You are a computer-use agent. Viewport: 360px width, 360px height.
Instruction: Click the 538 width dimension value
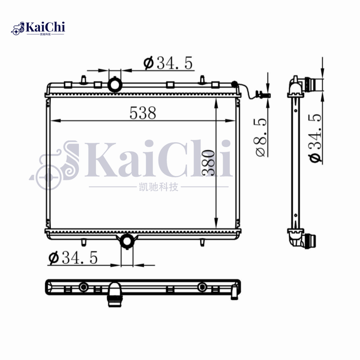tap(143, 113)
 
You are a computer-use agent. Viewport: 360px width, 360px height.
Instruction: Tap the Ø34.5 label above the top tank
tap(168, 64)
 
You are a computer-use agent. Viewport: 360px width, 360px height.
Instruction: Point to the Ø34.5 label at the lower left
tap(72, 258)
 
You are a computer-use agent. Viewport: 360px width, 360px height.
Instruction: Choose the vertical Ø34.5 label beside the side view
tap(315, 138)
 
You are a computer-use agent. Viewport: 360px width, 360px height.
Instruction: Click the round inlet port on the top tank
tap(114, 84)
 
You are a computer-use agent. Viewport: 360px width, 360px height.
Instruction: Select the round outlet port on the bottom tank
tap(127, 241)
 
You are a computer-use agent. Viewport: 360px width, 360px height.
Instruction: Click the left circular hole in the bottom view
tap(83, 287)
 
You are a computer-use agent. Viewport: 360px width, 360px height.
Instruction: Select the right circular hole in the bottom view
tap(202, 287)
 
